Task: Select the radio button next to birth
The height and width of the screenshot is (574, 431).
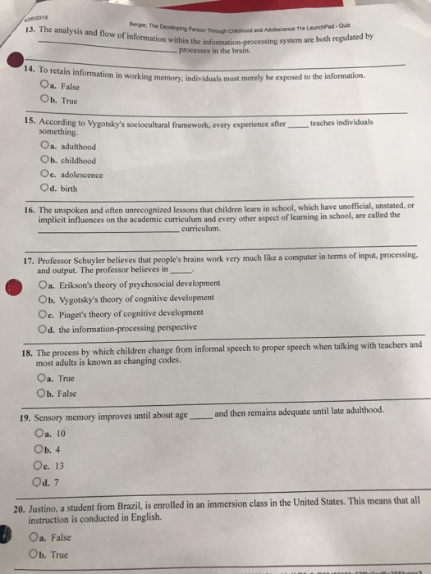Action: tap(43, 189)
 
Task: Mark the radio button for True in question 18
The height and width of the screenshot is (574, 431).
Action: tap(42, 378)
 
